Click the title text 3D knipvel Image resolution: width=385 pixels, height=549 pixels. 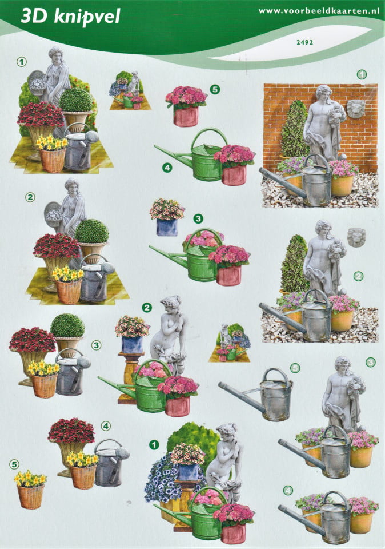70,17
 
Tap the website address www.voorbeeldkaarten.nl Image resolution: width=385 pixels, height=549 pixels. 319,11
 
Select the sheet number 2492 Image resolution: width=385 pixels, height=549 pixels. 304,43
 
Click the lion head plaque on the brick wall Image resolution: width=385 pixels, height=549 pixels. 356,109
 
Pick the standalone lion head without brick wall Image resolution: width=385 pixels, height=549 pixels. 356,238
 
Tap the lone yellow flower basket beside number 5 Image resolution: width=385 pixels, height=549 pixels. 30,490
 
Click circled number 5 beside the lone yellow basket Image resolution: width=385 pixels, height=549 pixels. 14,464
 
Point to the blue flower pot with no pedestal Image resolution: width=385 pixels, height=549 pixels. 167,217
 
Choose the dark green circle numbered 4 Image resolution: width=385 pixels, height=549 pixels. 167,168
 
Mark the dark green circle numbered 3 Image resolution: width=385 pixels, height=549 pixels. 198,219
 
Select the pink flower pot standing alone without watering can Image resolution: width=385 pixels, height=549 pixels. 186,106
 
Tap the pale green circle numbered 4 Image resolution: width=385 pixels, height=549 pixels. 288,491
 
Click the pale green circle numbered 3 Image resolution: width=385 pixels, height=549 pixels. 370,362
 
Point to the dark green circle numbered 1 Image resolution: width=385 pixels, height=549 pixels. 154,445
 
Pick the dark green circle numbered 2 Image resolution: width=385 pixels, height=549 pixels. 147,308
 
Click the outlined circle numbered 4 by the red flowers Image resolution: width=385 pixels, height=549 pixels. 106,425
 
